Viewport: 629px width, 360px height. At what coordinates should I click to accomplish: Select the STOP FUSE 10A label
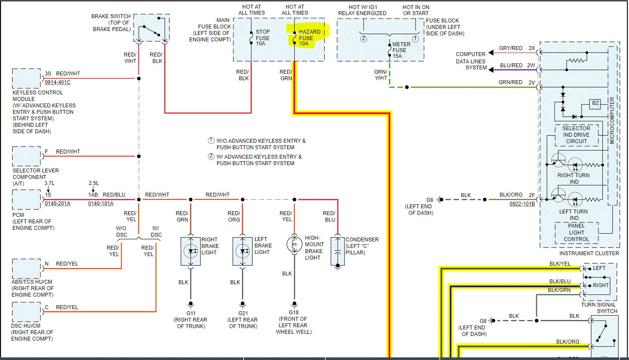[263, 38]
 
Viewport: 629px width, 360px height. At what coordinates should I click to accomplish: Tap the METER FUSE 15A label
[401, 50]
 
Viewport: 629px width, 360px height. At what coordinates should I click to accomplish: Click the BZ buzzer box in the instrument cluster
[595, 103]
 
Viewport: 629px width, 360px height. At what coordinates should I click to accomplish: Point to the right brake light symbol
[191, 250]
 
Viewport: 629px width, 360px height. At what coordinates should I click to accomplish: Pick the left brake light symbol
[243, 250]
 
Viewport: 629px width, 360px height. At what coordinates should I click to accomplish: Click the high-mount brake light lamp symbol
[294, 244]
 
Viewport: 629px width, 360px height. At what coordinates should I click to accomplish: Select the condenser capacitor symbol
[338, 251]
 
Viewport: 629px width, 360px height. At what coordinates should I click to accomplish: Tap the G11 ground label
[191, 313]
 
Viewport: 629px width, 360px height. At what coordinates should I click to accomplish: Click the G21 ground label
[243, 313]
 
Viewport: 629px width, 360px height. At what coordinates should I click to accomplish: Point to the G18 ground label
[294, 313]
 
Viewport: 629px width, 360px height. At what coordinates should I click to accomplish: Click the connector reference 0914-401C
[57, 82]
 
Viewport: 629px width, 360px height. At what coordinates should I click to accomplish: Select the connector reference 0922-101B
[522, 204]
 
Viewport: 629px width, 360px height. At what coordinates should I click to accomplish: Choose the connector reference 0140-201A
[57, 203]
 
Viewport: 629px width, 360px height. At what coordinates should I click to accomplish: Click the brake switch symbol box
[151, 28]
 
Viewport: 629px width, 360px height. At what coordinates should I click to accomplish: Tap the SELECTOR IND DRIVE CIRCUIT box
[576, 135]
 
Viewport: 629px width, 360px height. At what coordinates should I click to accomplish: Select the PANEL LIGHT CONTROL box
[576, 232]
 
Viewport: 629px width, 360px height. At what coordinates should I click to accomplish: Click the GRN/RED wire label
[510, 82]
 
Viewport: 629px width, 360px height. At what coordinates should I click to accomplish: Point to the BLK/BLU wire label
[560, 282]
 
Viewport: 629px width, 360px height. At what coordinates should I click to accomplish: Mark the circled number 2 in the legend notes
[211, 157]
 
